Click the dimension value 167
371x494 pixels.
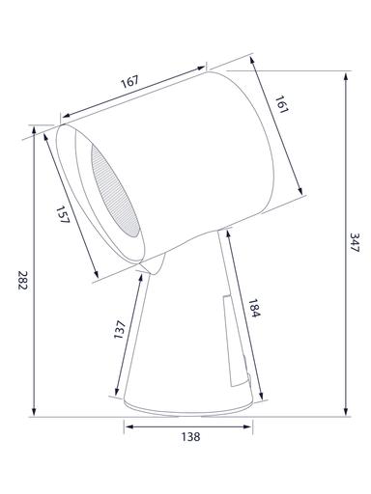point(129,83)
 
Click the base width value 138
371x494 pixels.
point(190,437)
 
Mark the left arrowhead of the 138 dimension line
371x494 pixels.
point(127,423)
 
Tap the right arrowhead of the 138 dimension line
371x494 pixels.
point(254,423)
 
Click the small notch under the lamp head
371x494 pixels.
point(145,264)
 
